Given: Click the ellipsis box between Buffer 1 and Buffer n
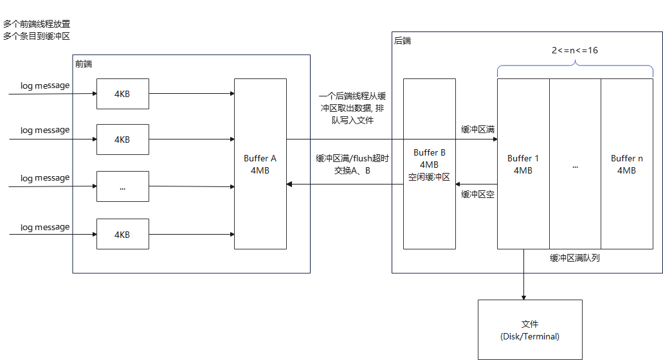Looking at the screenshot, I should click(575, 165).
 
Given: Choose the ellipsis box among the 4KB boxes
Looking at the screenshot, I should click(122, 187).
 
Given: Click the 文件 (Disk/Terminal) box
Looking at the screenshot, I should click(530, 329).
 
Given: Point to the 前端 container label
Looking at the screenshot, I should click(84, 64).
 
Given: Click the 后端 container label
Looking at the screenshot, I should click(403, 40).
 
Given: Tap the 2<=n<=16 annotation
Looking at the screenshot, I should click(574, 50).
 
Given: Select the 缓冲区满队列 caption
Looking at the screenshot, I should click(575, 258).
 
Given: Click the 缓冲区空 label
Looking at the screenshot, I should click(477, 194).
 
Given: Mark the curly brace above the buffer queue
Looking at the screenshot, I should click(575, 64).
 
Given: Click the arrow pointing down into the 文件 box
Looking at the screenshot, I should click(523, 276).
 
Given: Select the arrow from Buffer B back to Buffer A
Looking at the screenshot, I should click(345, 184).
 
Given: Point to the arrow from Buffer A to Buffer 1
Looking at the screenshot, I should click(386, 139).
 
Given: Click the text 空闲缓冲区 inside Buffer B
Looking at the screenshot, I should click(429, 177).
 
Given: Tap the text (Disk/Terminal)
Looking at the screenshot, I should click(530, 336).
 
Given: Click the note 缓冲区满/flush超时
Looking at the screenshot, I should click(352, 159).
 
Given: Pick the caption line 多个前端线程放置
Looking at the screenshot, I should click(36, 24).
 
